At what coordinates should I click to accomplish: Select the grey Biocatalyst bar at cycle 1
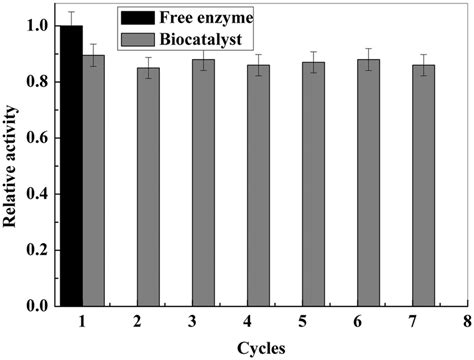point(93,180)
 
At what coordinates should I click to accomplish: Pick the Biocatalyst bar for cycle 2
point(148,186)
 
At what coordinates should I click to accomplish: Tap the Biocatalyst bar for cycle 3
point(203,182)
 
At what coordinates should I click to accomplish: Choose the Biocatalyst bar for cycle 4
point(258,185)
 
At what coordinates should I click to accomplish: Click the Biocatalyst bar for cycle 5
point(314,183)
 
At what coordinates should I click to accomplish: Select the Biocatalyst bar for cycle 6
point(369,182)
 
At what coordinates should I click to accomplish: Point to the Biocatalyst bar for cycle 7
point(424,185)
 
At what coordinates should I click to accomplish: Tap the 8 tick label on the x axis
point(465,321)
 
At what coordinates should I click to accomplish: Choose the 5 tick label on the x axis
point(300,321)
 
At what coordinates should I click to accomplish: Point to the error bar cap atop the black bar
point(71,12)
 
